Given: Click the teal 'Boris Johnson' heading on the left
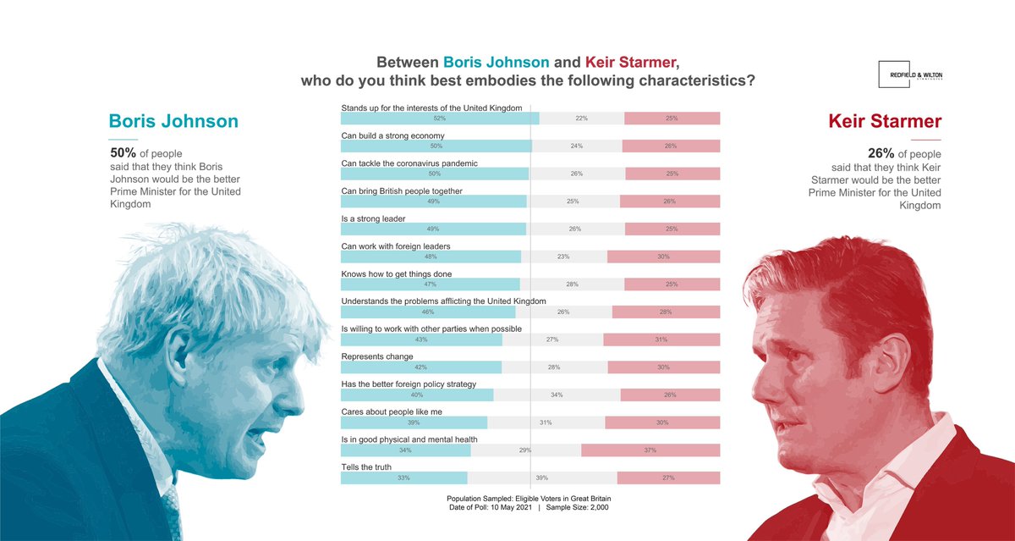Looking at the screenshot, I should (173, 121).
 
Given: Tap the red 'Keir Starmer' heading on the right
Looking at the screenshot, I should (885, 121).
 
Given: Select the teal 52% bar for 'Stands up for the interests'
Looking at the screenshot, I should (439, 119).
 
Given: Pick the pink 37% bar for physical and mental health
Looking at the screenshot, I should (650, 450).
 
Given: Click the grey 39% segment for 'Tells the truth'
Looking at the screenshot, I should (541, 478).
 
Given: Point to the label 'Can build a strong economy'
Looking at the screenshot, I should (392, 135).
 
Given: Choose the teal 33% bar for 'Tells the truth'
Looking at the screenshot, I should (403, 478).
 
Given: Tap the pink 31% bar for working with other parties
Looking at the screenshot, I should (661, 340).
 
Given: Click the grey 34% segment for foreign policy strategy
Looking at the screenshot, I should (557, 395).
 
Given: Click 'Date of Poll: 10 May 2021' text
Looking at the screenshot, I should (490, 508).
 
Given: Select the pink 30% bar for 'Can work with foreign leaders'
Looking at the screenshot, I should (663, 257).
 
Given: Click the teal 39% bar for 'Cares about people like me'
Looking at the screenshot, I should (414, 422).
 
